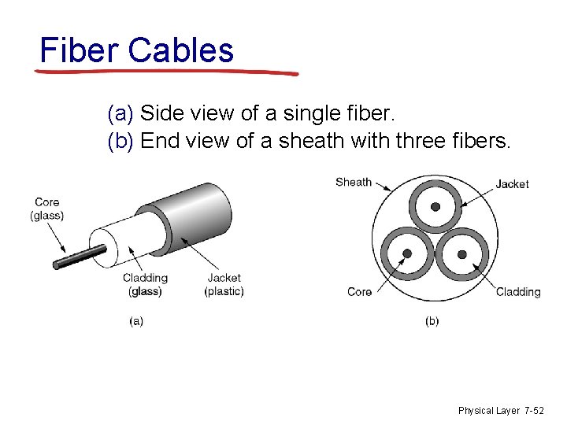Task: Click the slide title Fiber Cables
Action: click(137, 50)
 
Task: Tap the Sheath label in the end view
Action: click(354, 182)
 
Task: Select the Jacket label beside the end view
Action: click(512, 184)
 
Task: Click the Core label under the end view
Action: click(359, 292)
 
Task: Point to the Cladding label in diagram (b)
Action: click(518, 292)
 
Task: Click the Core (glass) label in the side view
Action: click(47, 209)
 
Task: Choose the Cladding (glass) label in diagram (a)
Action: click(145, 285)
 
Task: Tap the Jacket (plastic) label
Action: click(224, 285)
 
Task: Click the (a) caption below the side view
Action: click(135, 321)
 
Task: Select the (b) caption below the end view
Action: click(432, 321)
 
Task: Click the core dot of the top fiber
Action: click(435, 206)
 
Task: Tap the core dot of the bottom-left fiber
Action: click(407, 253)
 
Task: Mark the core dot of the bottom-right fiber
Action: click(462, 254)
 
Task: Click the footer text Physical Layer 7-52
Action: click(500, 410)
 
